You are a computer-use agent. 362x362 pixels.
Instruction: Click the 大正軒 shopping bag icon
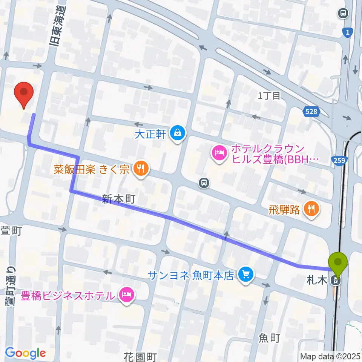(176, 132)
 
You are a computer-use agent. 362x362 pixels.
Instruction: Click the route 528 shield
(312, 111)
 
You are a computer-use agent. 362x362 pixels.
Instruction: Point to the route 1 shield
(347, 33)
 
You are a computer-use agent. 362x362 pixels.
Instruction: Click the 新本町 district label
(118, 199)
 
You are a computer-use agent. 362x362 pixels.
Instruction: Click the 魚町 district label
(270, 337)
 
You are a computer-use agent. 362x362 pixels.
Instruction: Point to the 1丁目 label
(269, 96)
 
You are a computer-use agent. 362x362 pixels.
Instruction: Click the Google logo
(25, 353)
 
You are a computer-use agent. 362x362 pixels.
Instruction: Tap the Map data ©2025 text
(330, 356)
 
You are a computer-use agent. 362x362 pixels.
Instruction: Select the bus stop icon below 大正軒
(204, 183)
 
